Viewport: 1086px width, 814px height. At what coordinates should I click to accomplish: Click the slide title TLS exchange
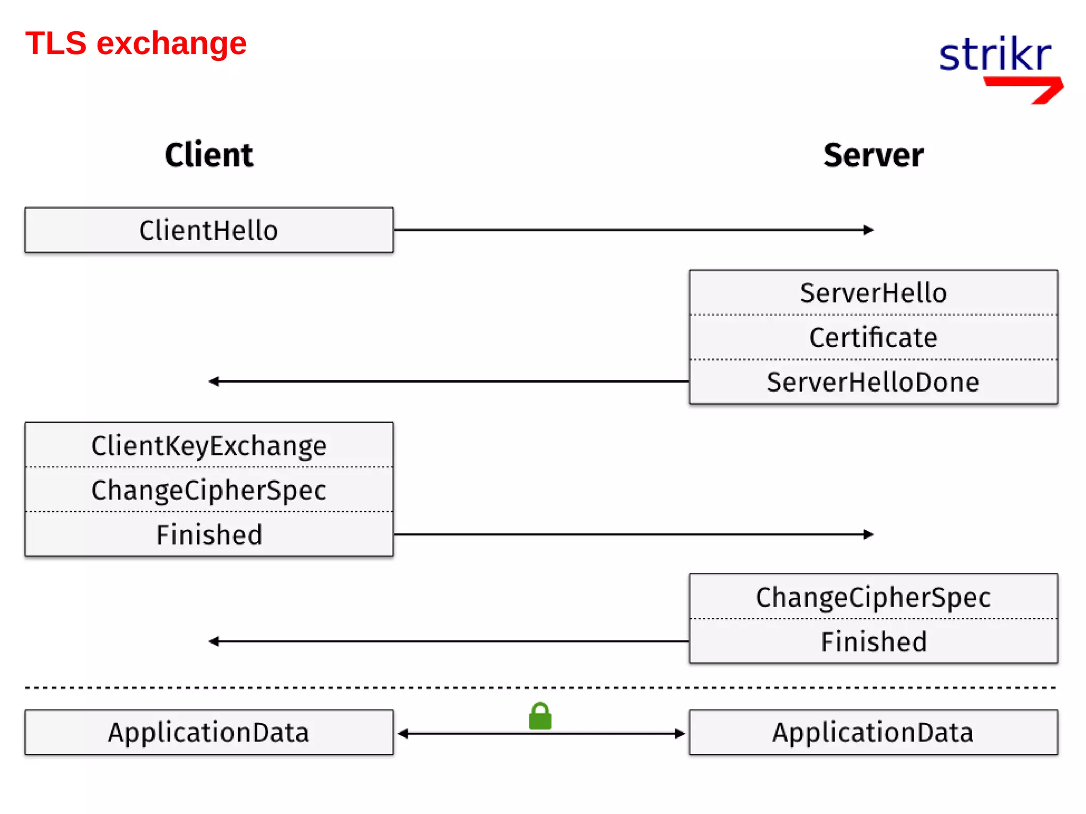(x=136, y=43)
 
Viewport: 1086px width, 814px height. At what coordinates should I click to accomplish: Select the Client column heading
(x=209, y=155)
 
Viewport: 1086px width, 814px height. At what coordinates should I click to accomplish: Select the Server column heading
(x=873, y=155)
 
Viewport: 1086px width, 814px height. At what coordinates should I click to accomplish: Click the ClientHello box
(x=209, y=230)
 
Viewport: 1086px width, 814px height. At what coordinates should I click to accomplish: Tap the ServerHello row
(x=873, y=293)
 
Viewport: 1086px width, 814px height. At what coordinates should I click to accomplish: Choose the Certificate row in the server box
(x=873, y=337)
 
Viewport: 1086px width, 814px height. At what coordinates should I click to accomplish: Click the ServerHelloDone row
(x=873, y=382)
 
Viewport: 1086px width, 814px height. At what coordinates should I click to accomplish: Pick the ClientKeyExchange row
(x=209, y=445)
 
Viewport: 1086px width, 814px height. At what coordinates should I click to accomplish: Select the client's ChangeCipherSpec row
(x=209, y=489)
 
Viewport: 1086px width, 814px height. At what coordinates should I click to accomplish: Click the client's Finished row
(x=209, y=534)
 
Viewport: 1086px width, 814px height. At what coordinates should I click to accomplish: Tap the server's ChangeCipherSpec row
(x=873, y=597)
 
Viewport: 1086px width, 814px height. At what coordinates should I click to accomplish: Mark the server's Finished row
(x=873, y=641)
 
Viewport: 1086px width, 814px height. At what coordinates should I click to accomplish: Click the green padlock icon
(x=540, y=717)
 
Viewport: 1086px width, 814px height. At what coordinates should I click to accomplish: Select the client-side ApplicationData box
(x=209, y=732)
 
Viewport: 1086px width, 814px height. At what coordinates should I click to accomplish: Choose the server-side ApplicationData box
(x=873, y=732)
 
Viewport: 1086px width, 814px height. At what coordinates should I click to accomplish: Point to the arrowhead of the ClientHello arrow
(x=868, y=230)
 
